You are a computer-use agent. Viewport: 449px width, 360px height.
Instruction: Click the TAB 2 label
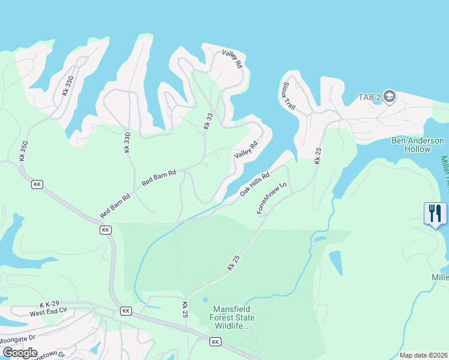tap(370, 97)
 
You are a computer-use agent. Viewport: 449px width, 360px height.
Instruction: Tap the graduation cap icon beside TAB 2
tap(389, 97)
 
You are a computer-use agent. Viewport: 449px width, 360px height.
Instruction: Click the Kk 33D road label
tap(127, 142)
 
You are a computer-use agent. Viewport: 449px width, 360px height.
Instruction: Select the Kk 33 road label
tap(208, 121)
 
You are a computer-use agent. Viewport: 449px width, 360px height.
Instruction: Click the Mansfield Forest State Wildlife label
tap(232, 317)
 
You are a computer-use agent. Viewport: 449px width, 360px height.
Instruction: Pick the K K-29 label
tap(51, 305)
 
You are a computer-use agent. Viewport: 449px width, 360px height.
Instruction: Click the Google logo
tap(19, 353)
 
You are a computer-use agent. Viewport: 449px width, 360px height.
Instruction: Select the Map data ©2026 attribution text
tap(423, 355)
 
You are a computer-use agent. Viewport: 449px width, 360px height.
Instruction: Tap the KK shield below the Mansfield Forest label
tap(215, 341)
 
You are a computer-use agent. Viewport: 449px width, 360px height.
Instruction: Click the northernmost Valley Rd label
tap(232, 59)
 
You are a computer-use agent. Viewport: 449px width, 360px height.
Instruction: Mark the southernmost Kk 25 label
tap(185, 310)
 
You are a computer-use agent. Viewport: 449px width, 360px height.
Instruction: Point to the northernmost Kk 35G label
tap(67, 86)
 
